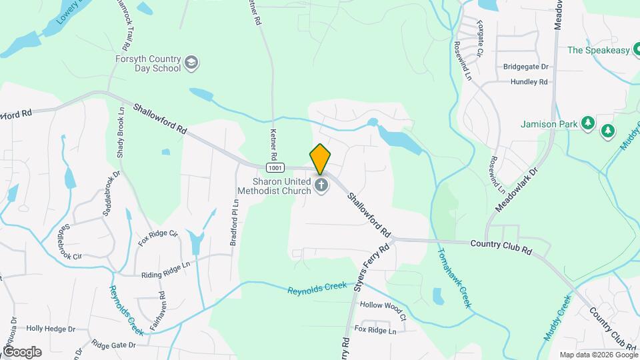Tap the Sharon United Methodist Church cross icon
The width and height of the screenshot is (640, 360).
click(x=321, y=185)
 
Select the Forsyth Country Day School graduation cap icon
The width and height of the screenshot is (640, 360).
click(x=192, y=63)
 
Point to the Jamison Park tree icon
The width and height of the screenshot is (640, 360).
click(x=587, y=123)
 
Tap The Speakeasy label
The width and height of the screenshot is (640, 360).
click(x=599, y=50)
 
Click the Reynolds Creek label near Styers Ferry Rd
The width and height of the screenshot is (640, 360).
click(x=317, y=287)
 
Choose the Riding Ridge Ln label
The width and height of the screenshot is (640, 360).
click(x=166, y=275)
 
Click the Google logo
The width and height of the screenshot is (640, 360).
click(x=22, y=351)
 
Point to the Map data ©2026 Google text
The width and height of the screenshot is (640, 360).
click(x=598, y=355)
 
